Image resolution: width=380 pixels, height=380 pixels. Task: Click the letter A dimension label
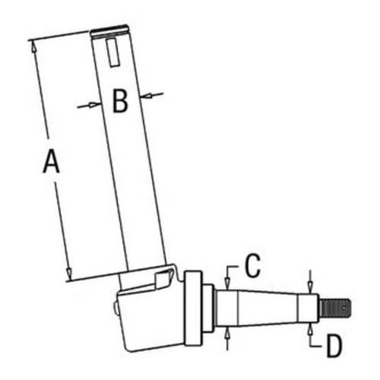point(50,163)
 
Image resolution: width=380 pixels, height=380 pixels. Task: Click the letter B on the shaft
point(119,101)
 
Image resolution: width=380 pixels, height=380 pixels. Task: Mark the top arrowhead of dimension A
point(34,46)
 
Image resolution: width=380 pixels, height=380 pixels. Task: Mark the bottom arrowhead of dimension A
point(69,274)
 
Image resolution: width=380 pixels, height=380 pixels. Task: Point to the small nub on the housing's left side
point(117,308)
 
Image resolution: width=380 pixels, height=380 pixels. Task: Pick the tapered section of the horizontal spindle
point(266,307)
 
